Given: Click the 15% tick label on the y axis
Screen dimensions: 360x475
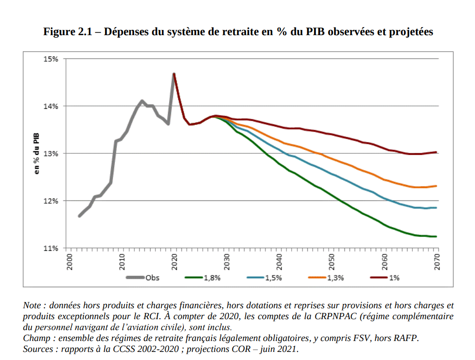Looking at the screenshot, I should (50, 59).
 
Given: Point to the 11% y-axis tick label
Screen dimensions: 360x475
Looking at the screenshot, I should (50, 248).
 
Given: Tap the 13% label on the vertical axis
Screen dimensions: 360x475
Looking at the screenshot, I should (50, 153).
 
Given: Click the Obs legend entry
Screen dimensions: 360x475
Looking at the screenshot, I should (152, 278).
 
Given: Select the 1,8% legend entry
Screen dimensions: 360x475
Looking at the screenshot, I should (211, 278).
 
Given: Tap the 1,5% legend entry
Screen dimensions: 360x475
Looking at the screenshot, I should (273, 278).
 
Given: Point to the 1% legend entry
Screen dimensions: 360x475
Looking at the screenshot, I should (394, 278).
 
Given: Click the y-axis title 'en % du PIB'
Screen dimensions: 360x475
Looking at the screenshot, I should (37, 153).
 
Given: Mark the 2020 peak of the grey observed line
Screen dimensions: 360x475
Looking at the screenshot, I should (174, 74).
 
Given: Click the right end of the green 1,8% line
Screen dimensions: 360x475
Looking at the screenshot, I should (436, 237).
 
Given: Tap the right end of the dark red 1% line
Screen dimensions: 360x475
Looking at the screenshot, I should (436, 152).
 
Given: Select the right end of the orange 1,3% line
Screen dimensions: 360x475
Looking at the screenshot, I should (436, 186).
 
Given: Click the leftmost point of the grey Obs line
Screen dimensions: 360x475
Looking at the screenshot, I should (79, 216).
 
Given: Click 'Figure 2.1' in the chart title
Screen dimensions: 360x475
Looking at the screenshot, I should (69, 32).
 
